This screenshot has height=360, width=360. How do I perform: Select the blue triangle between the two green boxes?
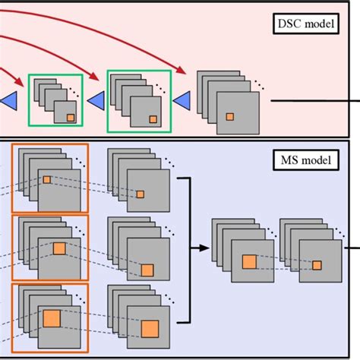point(96,99)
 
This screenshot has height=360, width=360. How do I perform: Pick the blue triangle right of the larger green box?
point(182,99)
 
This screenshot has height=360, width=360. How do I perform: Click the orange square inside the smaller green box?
point(70,118)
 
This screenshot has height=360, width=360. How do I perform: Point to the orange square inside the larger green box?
point(154,118)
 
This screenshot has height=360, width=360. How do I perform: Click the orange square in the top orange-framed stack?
point(46,180)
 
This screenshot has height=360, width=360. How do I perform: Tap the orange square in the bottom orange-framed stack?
point(51,317)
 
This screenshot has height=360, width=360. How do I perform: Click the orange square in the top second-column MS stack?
point(140,194)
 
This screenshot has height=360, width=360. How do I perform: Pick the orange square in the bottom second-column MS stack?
point(149,328)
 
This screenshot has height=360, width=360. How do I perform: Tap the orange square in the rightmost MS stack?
point(317,264)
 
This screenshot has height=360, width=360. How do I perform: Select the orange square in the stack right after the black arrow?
point(249,262)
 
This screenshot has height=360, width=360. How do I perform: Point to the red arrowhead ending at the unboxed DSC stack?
point(184,72)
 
